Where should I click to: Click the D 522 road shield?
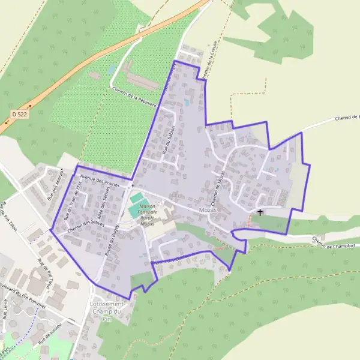[x=19, y=113]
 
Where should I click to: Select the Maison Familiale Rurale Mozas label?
[x=147, y=215]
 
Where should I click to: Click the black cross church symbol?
[x=260, y=212]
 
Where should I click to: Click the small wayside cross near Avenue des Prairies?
[x=133, y=187]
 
